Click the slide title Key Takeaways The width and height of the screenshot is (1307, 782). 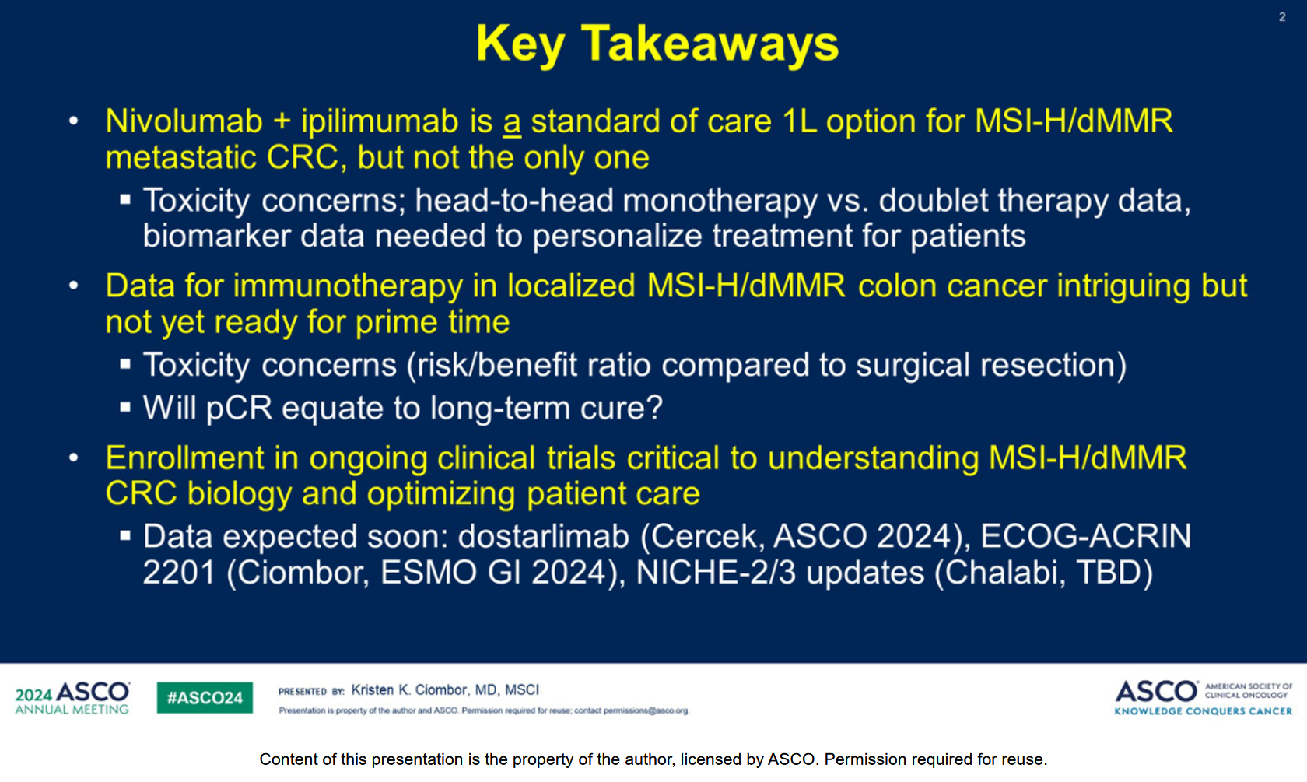657,44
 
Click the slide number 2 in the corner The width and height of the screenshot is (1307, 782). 1282,17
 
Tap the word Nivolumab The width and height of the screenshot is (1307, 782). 184,121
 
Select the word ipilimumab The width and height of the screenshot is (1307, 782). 381,121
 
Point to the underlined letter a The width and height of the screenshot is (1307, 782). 512,124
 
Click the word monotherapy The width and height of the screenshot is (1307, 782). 720,202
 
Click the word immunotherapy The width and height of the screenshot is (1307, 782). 347,286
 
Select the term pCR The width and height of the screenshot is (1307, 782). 240,408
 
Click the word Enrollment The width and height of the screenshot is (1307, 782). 184,458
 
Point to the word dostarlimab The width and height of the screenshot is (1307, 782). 543,536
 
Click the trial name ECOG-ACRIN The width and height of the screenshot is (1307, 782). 1085,536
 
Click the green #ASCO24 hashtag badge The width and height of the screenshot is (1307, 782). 205,697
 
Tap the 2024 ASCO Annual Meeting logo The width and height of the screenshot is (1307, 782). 72,697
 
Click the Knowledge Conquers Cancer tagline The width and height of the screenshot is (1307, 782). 1203,711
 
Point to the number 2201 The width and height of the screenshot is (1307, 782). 179,573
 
